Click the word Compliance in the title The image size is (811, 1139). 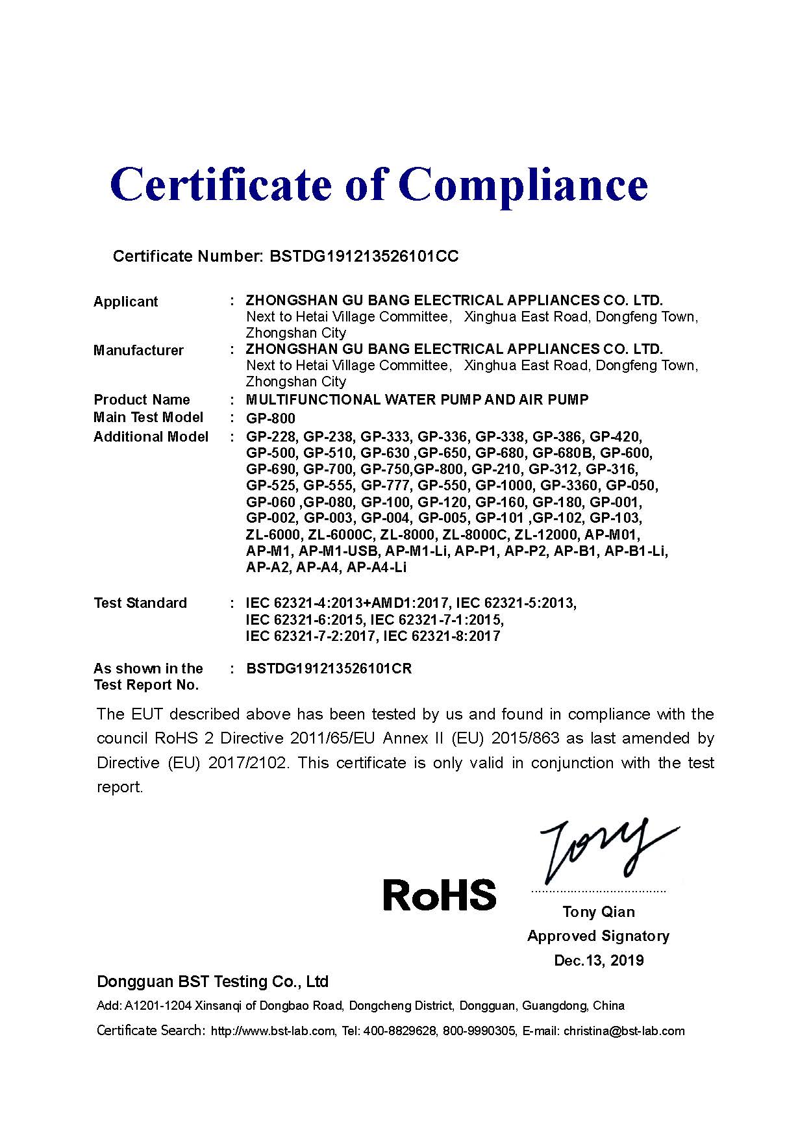tap(526, 184)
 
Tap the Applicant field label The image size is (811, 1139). tap(125, 301)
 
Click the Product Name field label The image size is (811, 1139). tap(142, 399)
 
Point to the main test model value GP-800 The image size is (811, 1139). tap(270, 418)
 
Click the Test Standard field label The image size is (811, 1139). tap(140, 603)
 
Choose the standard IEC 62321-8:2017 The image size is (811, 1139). tap(442, 636)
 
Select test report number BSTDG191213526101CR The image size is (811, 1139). tap(329, 668)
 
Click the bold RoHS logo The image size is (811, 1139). tap(440, 894)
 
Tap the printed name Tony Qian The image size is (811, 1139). tap(598, 912)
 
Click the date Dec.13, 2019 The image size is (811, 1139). tap(598, 960)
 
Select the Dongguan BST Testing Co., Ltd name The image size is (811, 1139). tap(212, 981)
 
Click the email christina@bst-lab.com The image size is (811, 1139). tap(623, 1031)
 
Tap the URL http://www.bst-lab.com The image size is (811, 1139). tap(273, 1031)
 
